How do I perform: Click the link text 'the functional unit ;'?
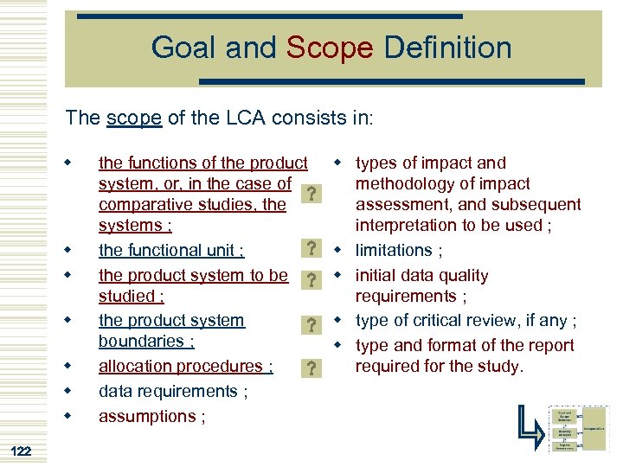point(171,251)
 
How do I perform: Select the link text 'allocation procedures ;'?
point(186,367)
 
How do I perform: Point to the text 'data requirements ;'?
point(173,391)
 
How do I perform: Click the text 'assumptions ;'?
point(152,416)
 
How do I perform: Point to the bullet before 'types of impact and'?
point(338,162)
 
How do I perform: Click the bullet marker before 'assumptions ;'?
point(66,416)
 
